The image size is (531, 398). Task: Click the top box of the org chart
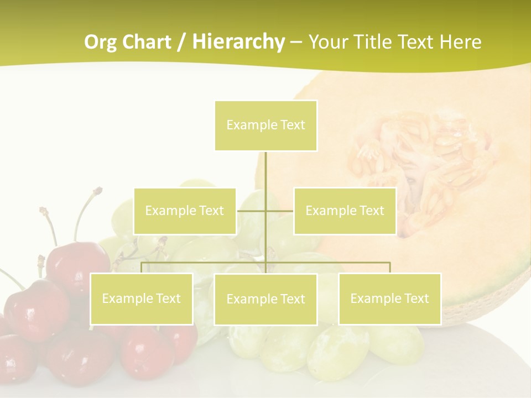(265, 125)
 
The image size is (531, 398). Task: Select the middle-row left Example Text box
(185, 211)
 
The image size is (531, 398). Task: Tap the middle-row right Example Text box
(345, 211)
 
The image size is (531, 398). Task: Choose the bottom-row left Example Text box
(142, 298)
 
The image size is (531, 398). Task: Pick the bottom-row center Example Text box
(265, 299)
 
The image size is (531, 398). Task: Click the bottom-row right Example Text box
(389, 298)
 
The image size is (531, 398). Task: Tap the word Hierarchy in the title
(238, 42)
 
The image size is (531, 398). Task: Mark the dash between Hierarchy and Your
(296, 42)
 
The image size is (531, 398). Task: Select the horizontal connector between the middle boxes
(265, 211)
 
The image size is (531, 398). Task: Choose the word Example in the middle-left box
(170, 211)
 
